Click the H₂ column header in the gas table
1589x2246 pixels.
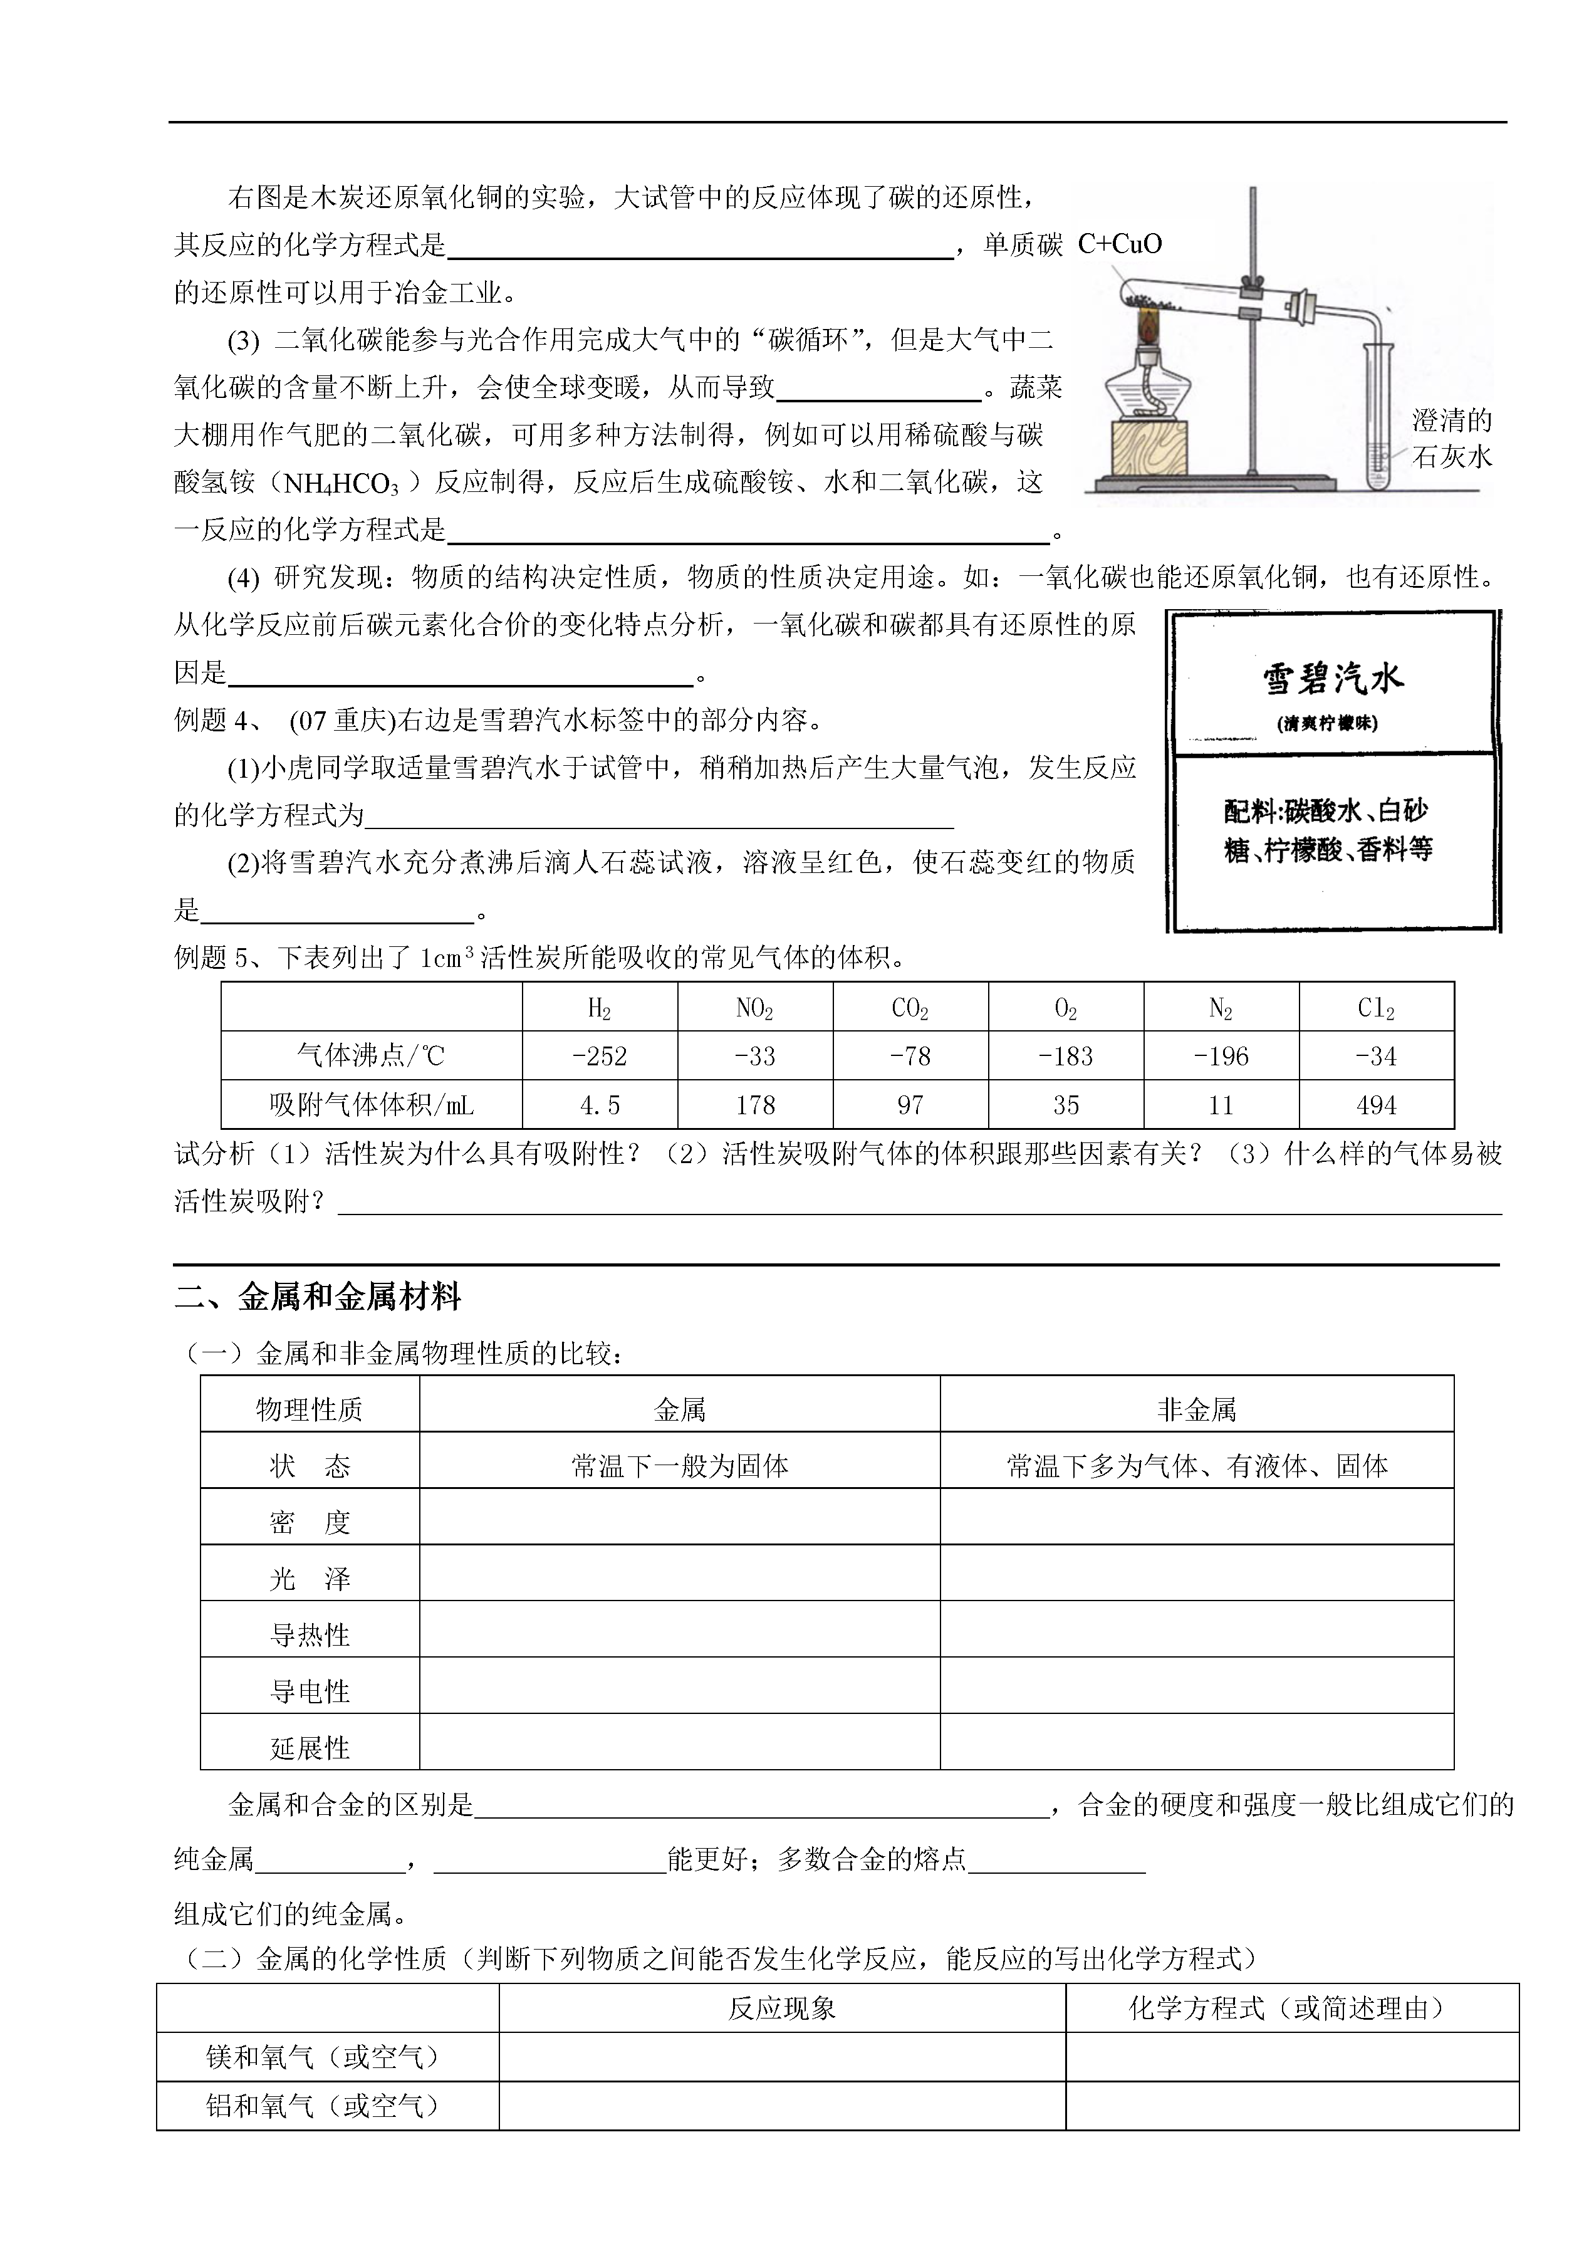pyautogui.click(x=599, y=1008)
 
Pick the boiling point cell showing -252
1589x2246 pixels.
pyautogui.click(x=599, y=1056)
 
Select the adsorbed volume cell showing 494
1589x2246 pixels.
pyautogui.click(x=1376, y=1105)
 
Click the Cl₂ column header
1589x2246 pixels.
pyautogui.click(x=1376, y=1008)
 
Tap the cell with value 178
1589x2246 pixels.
pyautogui.click(x=754, y=1105)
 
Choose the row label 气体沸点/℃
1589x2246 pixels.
pyautogui.click(x=371, y=1056)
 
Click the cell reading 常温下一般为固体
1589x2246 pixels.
pyautogui.click(x=679, y=1466)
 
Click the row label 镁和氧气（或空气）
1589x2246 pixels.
pyautogui.click(x=323, y=2057)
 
